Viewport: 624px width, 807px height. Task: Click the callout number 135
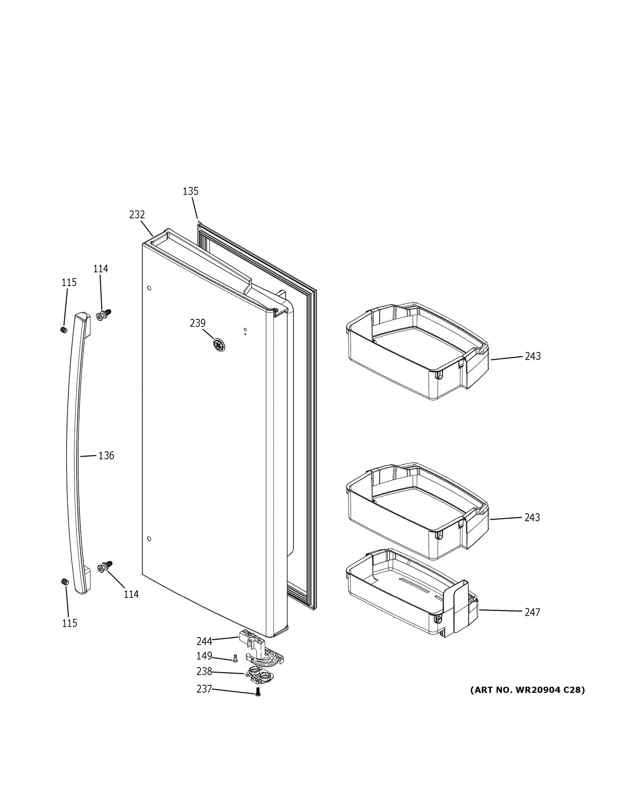[x=190, y=191]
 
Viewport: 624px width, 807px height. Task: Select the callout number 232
[x=137, y=214]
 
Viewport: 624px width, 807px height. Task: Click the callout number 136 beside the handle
[x=106, y=455]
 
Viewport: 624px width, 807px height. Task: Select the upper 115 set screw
[x=64, y=330]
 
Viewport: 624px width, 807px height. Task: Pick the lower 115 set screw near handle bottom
[x=65, y=582]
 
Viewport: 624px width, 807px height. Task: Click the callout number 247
[x=532, y=612]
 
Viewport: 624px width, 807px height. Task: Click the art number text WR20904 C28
[x=527, y=690]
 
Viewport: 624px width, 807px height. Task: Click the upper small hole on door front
[x=149, y=288]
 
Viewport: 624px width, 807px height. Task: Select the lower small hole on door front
[x=149, y=539]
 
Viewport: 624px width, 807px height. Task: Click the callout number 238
[x=204, y=671]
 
